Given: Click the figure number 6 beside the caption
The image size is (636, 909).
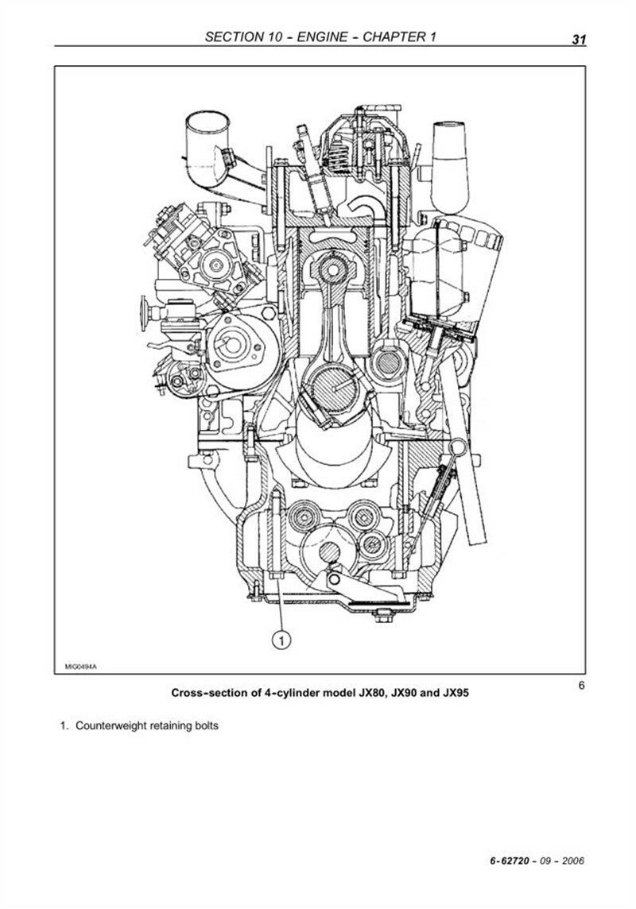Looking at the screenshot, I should pos(581,686).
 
